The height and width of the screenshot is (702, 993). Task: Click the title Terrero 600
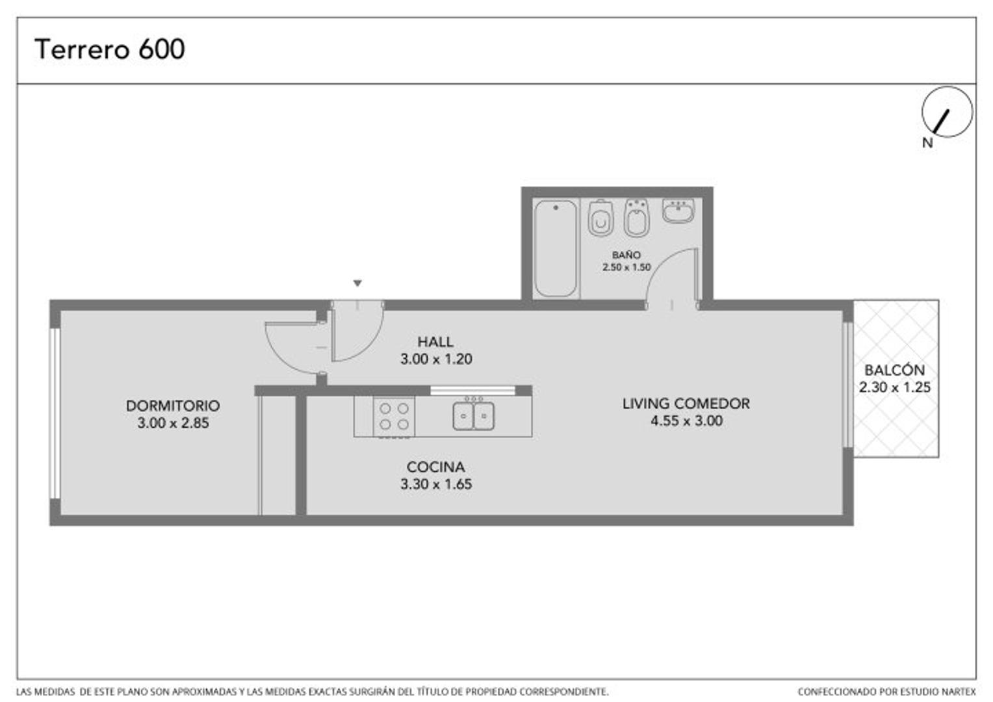(109, 49)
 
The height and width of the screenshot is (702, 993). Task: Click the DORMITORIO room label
(173, 406)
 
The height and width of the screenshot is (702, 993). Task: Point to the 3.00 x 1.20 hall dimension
(436, 359)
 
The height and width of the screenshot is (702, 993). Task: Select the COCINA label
(436, 467)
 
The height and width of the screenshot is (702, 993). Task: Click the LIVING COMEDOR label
(686, 404)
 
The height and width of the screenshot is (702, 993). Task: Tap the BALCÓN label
(895, 369)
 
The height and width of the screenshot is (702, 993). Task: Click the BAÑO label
(626, 255)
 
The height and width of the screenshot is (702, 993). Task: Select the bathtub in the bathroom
(556, 248)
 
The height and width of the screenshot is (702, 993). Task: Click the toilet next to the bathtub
(600, 218)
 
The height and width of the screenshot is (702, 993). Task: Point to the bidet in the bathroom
(637, 218)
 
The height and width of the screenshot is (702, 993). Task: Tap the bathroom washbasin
(678, 210)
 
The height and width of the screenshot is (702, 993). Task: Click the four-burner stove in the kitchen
(394, 417)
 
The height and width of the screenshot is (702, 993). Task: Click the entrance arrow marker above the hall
(357, 283)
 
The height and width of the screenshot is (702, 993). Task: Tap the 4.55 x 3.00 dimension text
(687, 421)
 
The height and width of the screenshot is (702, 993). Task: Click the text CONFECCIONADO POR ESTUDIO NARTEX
(886, 692)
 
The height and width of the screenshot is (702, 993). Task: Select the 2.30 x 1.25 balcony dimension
(895, 387)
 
